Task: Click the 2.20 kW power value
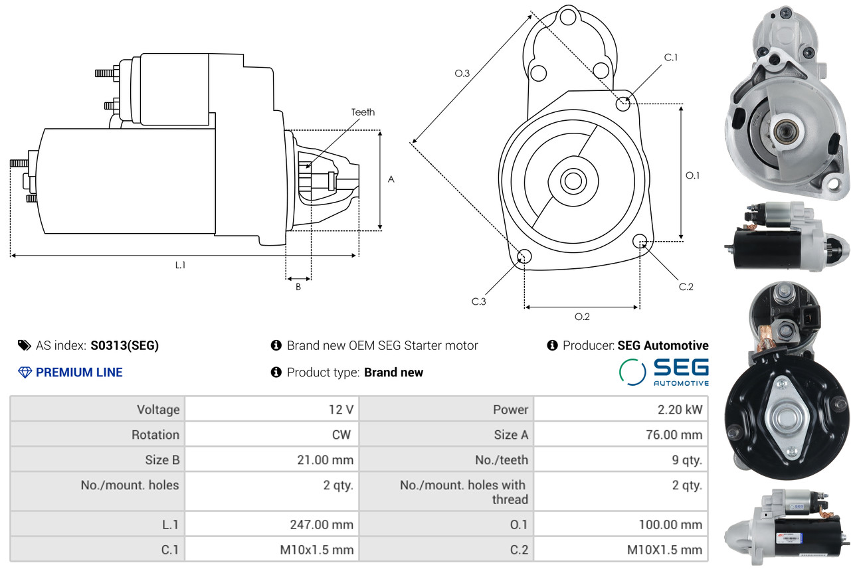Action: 680,410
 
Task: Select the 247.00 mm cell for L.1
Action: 322,525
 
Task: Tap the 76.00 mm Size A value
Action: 674,435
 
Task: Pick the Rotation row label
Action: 155,435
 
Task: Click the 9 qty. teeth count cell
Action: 687,460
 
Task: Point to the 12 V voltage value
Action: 341,410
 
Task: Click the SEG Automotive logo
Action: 664,372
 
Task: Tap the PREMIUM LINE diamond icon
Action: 25,372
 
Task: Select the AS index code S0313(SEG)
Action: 124,345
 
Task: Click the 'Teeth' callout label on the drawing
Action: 363,112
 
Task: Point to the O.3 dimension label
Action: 462,73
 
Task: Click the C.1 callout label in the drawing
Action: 671,57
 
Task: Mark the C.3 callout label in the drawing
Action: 478,301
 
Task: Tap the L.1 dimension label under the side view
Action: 180,265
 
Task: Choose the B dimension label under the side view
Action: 298,287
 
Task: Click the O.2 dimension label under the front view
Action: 582,317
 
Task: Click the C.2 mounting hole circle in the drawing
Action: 640,241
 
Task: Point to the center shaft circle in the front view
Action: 573,181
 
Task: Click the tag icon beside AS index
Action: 25,345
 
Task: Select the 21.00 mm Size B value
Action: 326,460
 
